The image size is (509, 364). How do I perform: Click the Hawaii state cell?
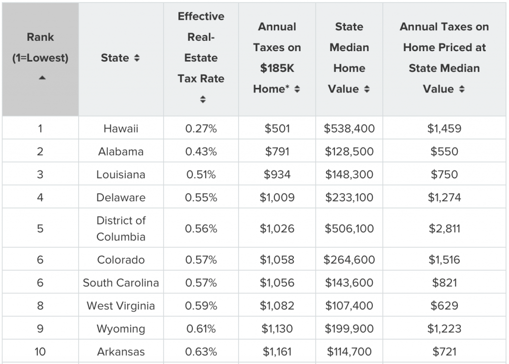click(x=121, y=129)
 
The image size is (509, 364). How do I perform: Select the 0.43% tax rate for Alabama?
click(x=201, y=151)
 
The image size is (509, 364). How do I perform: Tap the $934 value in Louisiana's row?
click(x=277, y=174)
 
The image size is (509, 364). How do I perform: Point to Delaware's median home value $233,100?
click(x=349, y=198)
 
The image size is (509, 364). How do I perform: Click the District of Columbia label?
click(x=121, y=229)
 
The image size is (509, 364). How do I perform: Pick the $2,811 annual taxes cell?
click(x=444, y=229)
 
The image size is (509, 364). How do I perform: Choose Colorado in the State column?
click(x=121, y=260)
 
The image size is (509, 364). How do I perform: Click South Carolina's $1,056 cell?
click(x=277, y=283)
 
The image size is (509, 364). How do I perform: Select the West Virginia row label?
click(x=121, y=306)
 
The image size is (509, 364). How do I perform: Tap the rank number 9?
click(x=40, y=329)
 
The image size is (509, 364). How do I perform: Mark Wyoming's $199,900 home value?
click(x=349, y=329)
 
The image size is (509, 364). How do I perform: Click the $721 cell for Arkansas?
click(x=444, y=352)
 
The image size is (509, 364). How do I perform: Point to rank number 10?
click(x=40, y=352)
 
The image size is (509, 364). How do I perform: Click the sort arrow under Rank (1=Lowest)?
click(x=42, y=78)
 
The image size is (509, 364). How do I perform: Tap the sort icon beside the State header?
click(x=137, y=58)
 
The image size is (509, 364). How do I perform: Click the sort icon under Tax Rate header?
click(x=203, y=99)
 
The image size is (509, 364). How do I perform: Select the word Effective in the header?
click(x=201, y=16)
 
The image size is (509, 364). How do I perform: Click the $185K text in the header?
click(x=277, y=68)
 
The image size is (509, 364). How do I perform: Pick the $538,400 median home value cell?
click(x=349, y=129)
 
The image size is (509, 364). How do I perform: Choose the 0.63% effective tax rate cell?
click(x=201, y=352)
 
